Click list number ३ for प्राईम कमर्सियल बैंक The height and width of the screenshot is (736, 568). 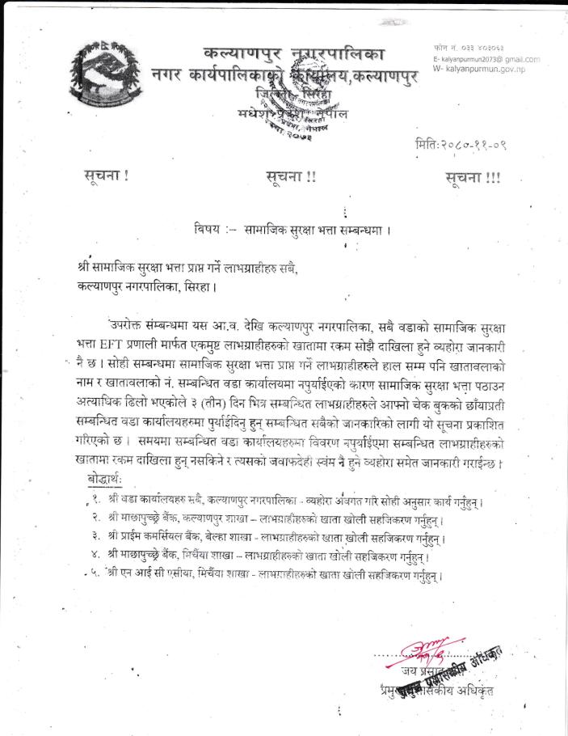pyautogui.click(x=95, y=535)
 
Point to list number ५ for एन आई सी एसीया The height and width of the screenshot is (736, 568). pyautogui.click(x=95, y=573)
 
